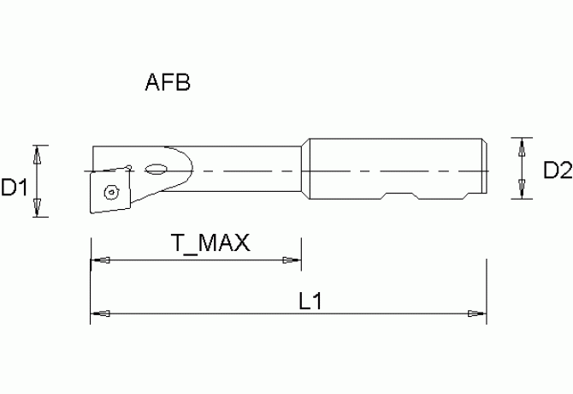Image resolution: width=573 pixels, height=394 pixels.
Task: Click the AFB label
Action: (x=168, y=84)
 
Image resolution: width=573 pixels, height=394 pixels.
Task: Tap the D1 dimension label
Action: (x=15, y=187)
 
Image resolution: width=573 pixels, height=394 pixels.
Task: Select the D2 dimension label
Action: (x=557, y=171)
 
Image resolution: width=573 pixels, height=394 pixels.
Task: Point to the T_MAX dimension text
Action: (x=209, y=243)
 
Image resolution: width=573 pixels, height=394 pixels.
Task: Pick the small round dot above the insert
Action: (x=127, y=166)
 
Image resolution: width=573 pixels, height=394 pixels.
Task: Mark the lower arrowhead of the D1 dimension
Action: (x=37, y=208)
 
